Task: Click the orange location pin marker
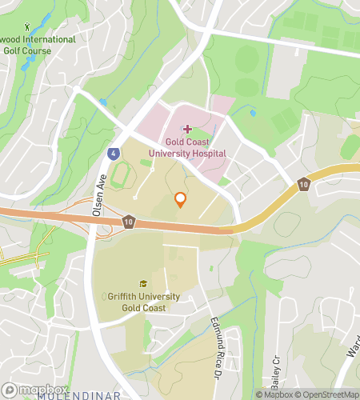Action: pos(180,199)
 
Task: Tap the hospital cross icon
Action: pos(187,128)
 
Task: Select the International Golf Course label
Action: pos(37,45)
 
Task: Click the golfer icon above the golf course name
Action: pos(29,26)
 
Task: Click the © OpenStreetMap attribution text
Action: pos(328,394)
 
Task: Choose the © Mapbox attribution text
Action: pos(274,394)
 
